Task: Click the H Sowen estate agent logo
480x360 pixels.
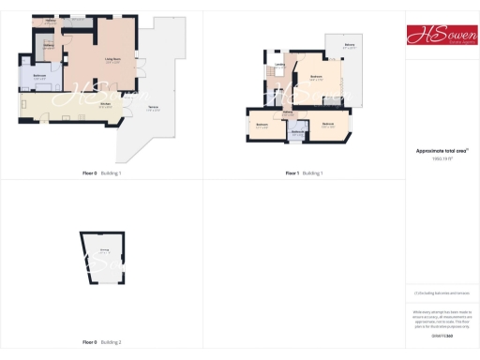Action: pos(442,35)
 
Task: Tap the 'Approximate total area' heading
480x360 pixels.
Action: pos(442,150)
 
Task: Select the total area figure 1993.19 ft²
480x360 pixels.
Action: pos(442,158)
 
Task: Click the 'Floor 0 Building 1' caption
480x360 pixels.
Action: pos(102,173)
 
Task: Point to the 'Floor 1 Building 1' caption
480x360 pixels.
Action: pos(304,173)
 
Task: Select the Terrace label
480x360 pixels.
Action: pos(153,109)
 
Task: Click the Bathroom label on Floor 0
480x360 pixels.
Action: pos(40,76)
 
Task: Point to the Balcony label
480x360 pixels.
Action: pos(349,45)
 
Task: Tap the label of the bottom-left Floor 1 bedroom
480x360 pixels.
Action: pos(262,127)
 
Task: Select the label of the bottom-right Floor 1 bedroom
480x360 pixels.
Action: pos(328,124)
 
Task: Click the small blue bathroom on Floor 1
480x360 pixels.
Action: pos(297,133)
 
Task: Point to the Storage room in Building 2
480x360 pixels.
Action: pos(104,251)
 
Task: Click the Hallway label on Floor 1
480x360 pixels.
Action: pos(288,112)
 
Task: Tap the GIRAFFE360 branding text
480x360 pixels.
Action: pos(442,335)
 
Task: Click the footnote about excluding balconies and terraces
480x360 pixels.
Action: pos(442,292)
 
